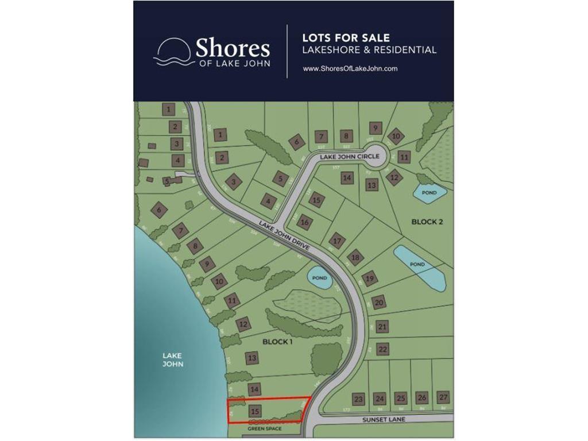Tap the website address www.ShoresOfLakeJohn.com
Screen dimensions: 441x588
350,68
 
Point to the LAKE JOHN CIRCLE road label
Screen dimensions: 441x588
350,156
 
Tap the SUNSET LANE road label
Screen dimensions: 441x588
384,420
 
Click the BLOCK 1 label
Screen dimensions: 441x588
277,342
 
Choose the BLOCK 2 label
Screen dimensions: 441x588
427,222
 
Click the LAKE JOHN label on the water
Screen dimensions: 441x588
172,359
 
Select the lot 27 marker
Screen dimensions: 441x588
443,397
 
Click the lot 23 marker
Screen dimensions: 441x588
359,399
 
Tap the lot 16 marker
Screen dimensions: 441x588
305,222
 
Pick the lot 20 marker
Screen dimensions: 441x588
378,302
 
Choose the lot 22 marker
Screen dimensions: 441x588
384,349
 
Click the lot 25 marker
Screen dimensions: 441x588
401,398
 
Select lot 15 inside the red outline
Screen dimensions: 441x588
256,411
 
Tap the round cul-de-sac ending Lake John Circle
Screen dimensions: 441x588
377,156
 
